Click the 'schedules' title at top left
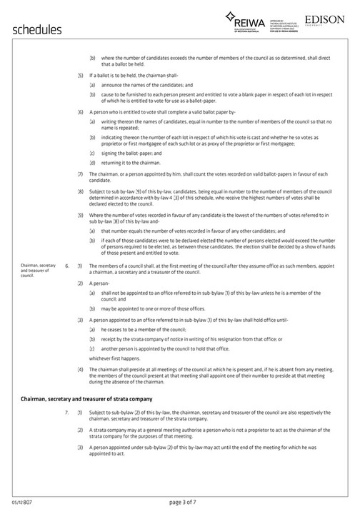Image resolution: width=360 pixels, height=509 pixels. coord(38,29)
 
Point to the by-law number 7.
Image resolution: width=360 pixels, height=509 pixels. coord(66,413)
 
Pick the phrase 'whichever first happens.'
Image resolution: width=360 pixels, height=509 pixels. coord(115,358)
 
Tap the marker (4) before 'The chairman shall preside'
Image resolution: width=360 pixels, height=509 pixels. coord(81,368)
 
